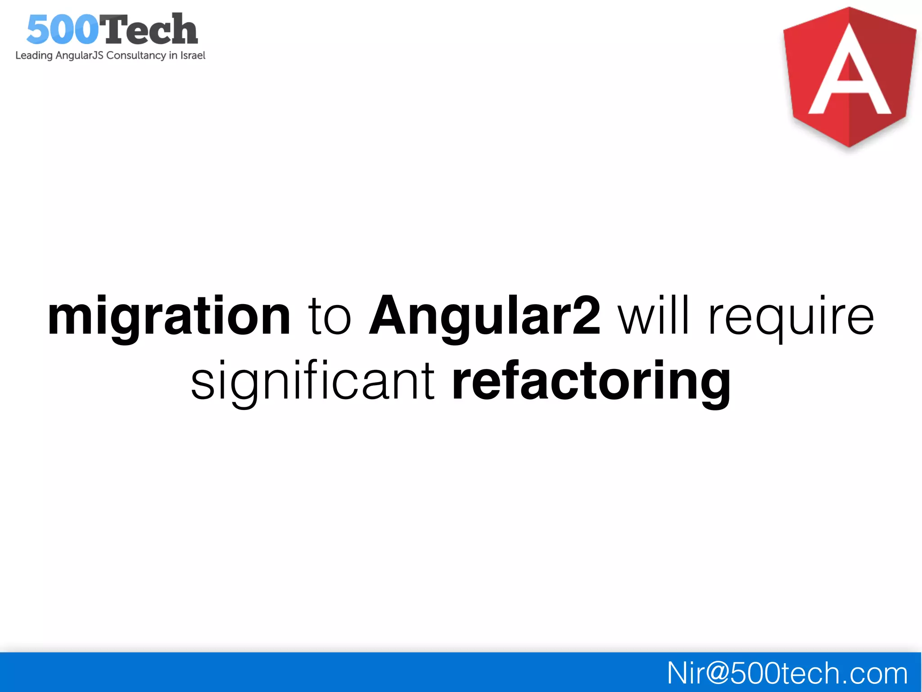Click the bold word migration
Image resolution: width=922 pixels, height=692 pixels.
pos(169,317)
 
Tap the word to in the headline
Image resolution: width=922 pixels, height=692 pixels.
pos(329,317)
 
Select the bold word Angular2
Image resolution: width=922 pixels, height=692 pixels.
pos(484,317)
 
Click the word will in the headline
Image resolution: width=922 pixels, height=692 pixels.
pos(654,317)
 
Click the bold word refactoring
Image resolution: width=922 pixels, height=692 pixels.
pos(591,381)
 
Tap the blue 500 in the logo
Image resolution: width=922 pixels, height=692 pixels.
pos(63,30)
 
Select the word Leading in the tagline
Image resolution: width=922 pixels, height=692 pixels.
pos(34,56)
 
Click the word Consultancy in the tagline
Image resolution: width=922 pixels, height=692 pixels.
pos(136,56)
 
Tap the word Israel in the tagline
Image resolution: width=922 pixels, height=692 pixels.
pos(193,55)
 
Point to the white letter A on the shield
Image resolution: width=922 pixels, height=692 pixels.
pos(850,72)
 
